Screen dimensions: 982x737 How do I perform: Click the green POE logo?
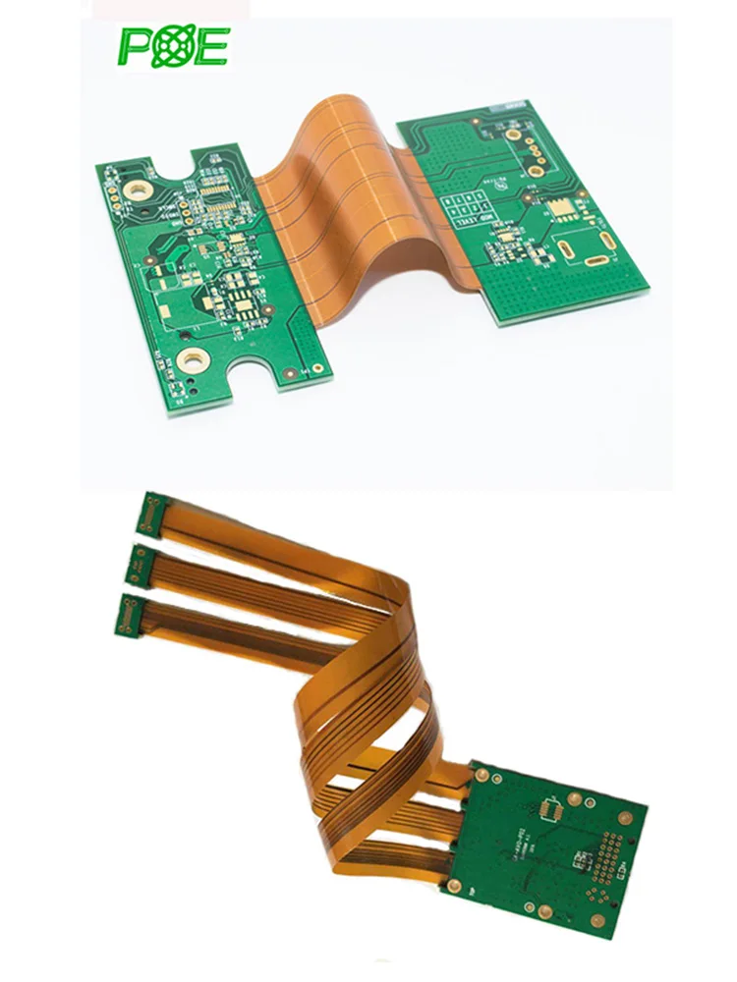click(x=174, y=46)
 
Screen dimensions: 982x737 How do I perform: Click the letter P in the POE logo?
click(x=136, y=47)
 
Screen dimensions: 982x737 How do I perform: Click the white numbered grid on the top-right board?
click(x=468, y=209)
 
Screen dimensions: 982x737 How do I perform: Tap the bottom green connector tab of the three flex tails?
click(x=125, y=615)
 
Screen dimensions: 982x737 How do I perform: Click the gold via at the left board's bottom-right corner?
click(x=291, y=373)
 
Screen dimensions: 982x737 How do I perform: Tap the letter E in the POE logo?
click(x=210, y=47)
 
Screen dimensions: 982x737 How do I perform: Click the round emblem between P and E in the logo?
click(x=173, y=47)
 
